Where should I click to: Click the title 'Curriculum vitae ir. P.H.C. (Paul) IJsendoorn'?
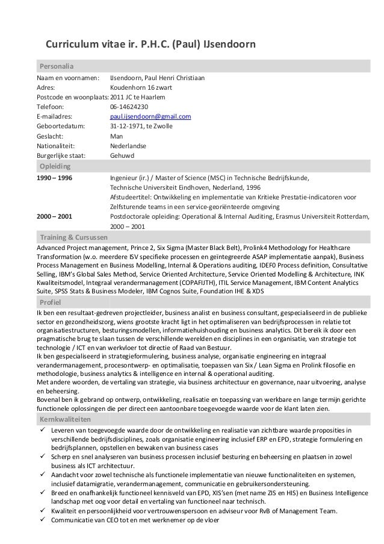coord(151,45)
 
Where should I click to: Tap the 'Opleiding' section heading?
coord(55,166)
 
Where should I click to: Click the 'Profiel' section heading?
coord(51,301)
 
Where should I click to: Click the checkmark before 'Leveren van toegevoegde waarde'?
coord(42,431)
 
